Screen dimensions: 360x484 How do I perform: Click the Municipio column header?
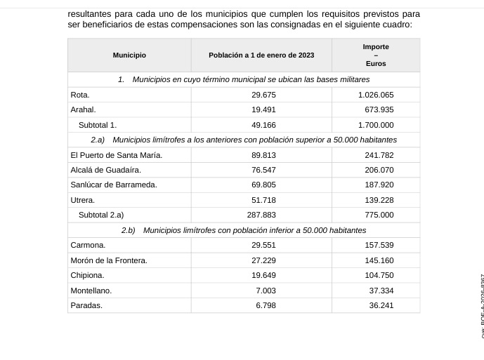tap(129, 55)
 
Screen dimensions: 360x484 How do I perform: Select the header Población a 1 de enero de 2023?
tap(261, 55)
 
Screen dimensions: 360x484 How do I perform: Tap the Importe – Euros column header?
tap(376, 55)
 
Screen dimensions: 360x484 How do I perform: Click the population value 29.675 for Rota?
tap(263, 95)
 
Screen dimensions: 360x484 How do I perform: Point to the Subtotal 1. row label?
tap(98, 125)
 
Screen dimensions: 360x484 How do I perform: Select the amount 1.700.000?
tap(376, 125)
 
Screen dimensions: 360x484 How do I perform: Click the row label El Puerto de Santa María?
tap(117, 155)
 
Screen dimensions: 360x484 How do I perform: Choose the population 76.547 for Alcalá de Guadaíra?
tap(263, 170)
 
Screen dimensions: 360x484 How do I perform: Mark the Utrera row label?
tap(83, 200)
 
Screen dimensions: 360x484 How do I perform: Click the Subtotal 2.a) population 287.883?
tap(261, 215)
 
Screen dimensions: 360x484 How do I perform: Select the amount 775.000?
tap(380, 215)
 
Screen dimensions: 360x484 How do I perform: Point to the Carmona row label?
tap(88, 245)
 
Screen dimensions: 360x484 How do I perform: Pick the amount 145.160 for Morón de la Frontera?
tap(380, 260)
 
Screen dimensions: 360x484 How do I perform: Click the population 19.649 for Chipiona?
tap(263, 275)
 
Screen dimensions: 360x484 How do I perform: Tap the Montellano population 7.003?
tap(266, 290)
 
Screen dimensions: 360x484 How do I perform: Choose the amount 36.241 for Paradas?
tap(381, 305)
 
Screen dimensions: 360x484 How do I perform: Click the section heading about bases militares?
tap(244, 79)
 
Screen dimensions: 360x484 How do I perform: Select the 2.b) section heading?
tap(244, 230)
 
